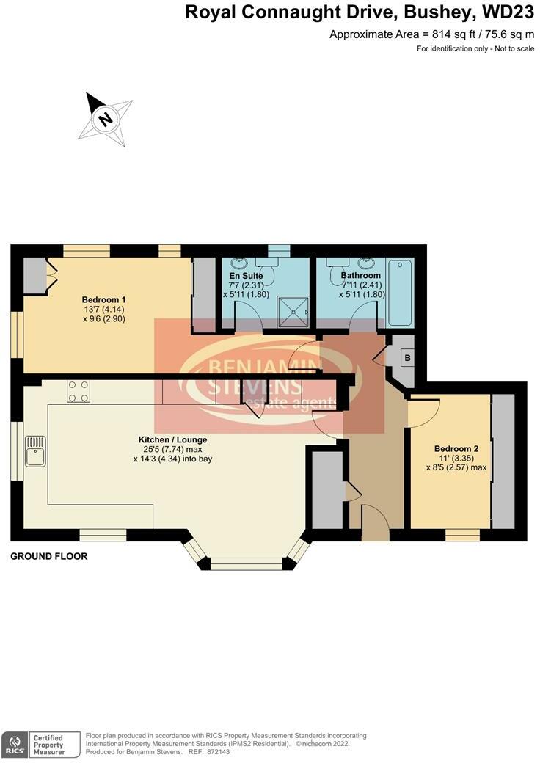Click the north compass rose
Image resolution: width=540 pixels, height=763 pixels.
(106, 118)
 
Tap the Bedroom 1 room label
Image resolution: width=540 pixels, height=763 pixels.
(103, 299)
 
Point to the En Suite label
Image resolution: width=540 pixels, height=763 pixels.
(246, 276)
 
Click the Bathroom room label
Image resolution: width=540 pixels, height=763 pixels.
(360, 276)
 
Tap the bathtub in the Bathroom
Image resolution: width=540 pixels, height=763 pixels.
(401, 292)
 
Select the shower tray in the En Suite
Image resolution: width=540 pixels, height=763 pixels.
(296, 312)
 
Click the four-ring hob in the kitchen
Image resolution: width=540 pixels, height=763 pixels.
(79, 391)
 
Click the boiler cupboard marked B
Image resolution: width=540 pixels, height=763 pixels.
(405, 358)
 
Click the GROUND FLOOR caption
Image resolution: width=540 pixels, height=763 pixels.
(48, 556)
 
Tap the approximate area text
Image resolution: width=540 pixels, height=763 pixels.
(432, 34)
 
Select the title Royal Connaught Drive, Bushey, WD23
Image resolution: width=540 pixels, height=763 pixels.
(359, 12)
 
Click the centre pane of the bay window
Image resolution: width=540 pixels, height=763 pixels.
(246, 563)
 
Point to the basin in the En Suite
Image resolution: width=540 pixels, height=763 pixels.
(240, 262)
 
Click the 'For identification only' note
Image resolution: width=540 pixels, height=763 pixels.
(475, 48)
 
